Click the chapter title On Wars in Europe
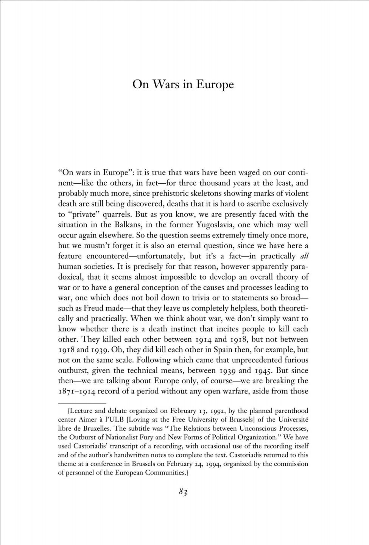[x=183, y=84]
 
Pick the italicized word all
[x=304, y=256]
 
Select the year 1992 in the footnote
[x=218, y=411]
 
